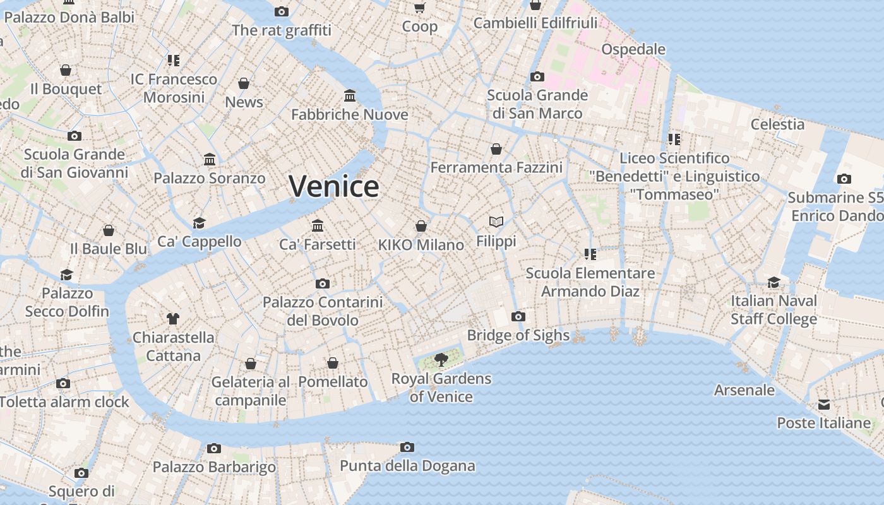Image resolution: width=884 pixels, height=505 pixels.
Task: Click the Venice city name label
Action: click(x=334, y=186)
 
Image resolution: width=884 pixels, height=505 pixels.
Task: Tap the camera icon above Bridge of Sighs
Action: click(x=518, y=316)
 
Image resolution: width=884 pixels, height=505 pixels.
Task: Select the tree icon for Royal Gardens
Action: click(x=441, y=360)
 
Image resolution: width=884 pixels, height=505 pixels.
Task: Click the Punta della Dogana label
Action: click(x=407, y=466)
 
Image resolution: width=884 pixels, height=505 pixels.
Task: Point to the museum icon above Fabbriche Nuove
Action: click(x=350, y=95)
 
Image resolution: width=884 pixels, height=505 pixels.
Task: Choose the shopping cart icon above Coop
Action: click(x=420, y=8)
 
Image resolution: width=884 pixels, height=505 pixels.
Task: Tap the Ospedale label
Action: click(x=633, y=49)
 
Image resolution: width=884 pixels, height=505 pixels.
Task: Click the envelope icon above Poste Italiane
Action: click(x=824, y=404)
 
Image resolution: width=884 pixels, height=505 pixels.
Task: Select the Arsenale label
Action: click(x=744, y=390)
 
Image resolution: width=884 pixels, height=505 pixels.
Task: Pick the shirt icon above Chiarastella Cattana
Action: click(x=173, y=319)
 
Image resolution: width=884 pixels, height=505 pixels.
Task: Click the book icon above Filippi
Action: click(x=496, y=222)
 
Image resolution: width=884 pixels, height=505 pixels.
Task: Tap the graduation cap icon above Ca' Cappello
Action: click(x=200, y=223)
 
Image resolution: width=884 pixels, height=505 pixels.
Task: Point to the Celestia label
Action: click(x=777, y=124)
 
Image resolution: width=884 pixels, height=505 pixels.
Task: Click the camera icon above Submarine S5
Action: click(x=844, y=179)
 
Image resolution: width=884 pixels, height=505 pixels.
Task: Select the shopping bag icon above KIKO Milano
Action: click(x=421, y=226)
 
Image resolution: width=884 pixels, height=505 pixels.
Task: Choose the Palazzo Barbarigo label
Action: click(x=214, y=467)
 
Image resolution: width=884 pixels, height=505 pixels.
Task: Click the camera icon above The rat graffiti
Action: click(x=282, y=11)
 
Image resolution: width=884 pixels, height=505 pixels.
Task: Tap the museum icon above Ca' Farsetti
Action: click(x=318, y=225)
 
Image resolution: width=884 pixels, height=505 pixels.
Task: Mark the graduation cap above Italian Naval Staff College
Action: click(x=773, y=282)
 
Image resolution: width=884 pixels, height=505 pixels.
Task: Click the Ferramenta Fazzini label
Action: click(x=496, y=167)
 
